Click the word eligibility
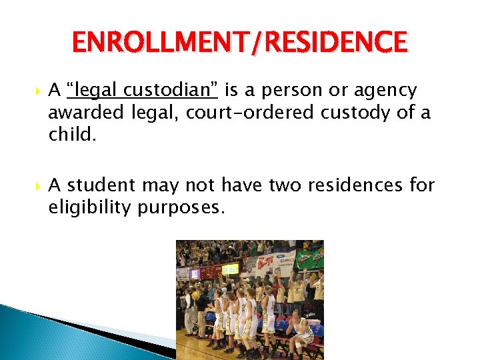click(x=90, y=208)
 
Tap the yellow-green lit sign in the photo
click(x=230, y=269)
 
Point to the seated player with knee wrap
click(x=303, y=333)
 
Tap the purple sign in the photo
click(x=195, y=273)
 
